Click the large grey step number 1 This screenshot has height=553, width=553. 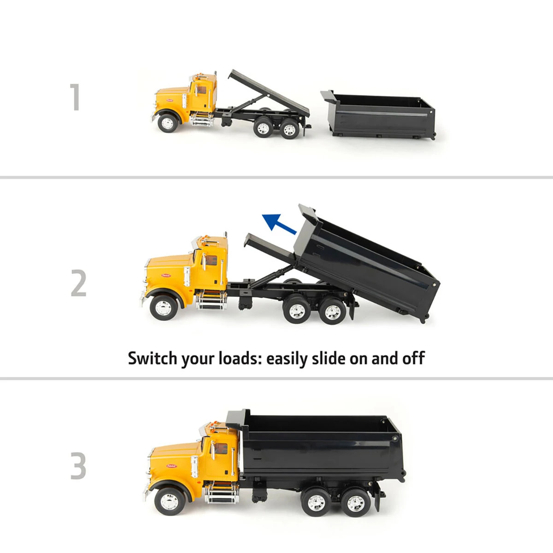[75, 97]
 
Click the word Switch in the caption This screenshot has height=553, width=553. [152, 358]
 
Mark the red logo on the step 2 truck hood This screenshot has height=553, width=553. [165, 275]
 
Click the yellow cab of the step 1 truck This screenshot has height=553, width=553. [203, 92]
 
